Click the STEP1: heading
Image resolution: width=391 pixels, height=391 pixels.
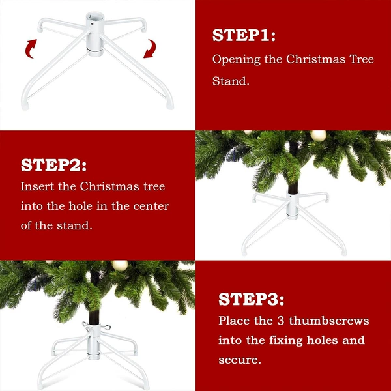pyautogui.click(x=244, y=35)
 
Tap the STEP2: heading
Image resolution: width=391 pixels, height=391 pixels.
pyautogui.click(x=53, y=165)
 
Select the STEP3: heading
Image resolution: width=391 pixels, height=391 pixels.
pyautogui.click(x=251, y=299)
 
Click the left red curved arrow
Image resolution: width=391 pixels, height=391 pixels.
pyautogui.click(x=31, y=49)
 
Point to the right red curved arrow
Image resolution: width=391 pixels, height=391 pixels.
pyautogui.click(x=150, y=49)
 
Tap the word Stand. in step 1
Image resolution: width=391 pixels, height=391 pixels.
pyautogui.click(x=231, y=81)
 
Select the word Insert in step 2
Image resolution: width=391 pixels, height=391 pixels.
pyautogui.click(x=37, y=186)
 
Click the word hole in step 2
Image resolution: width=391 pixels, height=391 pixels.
pyautogui.click(x=80, y=206)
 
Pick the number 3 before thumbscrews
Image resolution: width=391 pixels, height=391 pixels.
pyautogui.click(x=280, y=321)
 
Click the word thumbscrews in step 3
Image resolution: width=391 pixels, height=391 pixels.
pyautogui.click(x=329, y=321)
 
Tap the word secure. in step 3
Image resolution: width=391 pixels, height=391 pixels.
pyautogui.click(x=240, y=360)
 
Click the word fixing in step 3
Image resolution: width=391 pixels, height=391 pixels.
pyautogui.click(x=286, y=341)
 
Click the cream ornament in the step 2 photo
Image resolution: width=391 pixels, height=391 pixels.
pyautogui.click(x=319, y=136)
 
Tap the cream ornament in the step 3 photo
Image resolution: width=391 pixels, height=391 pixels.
pyautogui.click(x=120, y=266)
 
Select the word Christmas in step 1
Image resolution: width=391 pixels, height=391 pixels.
pyautogui.click(x=315, y=59)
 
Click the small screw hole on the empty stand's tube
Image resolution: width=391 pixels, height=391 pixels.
pyautogui.click(x=92, y=24)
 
